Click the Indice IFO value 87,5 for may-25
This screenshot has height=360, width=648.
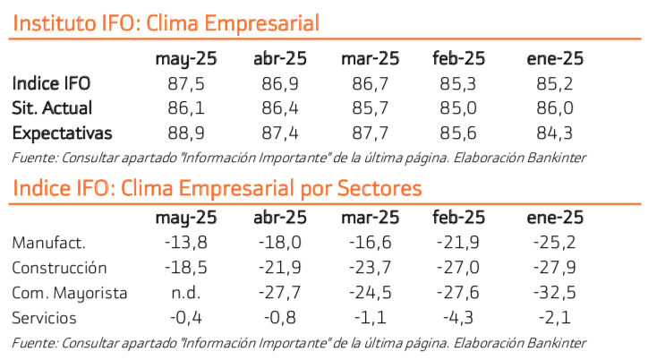coord(185,83)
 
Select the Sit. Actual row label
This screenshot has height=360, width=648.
coord(53,108)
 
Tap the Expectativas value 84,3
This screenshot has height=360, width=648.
coord(555,133)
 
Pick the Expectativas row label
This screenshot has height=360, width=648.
coord(62,133)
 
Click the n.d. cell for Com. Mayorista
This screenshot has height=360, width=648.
coord(185,293)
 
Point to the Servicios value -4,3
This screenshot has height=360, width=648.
coord(458,318)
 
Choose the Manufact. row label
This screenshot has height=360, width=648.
coord(49,243)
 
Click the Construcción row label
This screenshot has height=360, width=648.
coord(60,268)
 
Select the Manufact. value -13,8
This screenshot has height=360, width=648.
coord(185,243)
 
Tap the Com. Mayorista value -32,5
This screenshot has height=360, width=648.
coord(555,293)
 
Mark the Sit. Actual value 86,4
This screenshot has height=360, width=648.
coord(280,108)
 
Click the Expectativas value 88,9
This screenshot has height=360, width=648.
coord(185,133)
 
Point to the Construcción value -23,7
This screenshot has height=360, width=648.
coord(370,268)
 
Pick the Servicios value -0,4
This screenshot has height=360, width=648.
coord(185,318)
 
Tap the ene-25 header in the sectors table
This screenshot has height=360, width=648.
coord(555,217)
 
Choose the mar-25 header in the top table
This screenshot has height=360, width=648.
coord(370,59)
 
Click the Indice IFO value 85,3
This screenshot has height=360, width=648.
coord(458,83)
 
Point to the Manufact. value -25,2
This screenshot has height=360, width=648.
coord(555,243)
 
